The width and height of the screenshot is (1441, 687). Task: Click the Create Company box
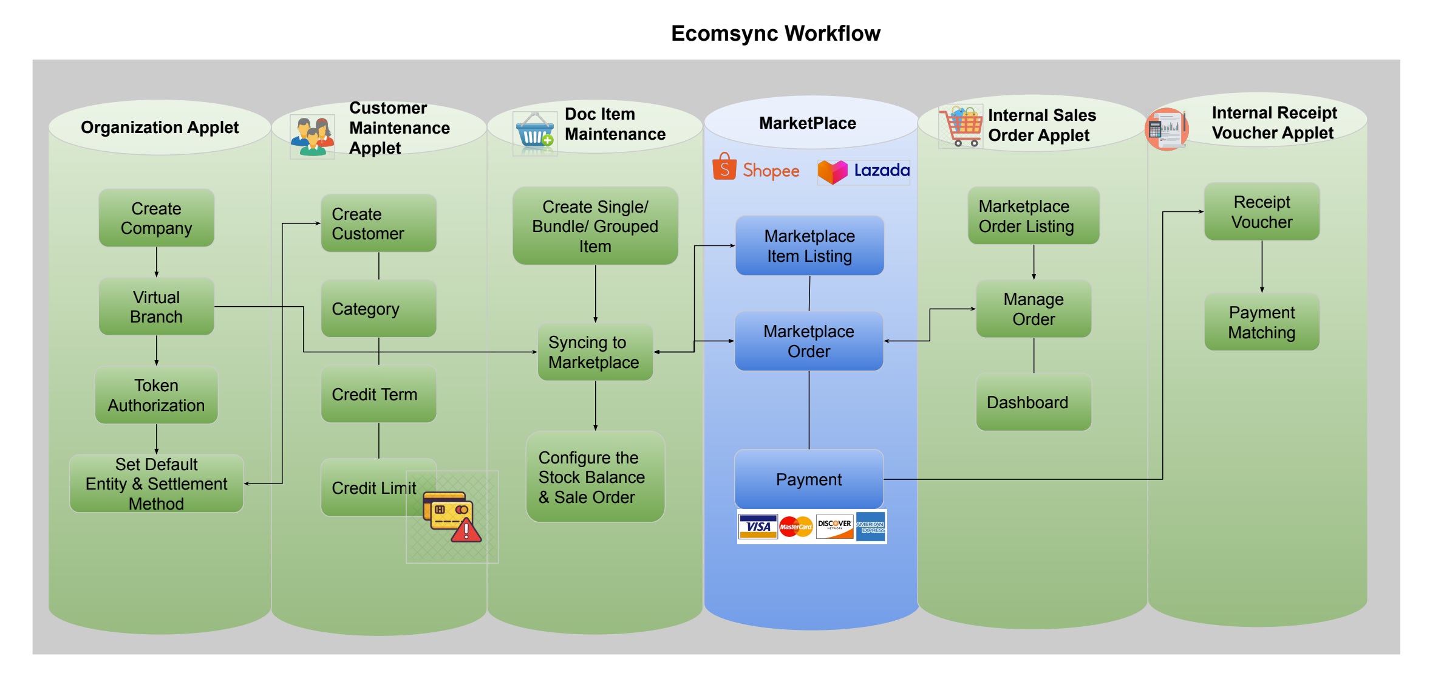(x=156, y=218)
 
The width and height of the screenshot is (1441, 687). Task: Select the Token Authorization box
(x=156, y=395)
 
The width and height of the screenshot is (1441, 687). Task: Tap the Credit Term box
(x=378, y=394)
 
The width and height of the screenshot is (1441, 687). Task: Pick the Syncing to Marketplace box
(x=594, y=352)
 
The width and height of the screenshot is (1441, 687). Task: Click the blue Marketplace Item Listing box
(x=809, y=246)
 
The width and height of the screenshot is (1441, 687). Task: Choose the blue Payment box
(x=809, y=479)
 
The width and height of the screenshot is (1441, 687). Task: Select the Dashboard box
(x=1033, y=402)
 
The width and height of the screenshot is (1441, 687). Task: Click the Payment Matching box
(x=1261, y=323)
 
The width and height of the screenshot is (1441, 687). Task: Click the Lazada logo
(x=864, y=171)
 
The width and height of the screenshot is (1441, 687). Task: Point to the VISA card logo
(x=758, y=527)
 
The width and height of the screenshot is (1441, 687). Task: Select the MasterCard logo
(x=795, y=527)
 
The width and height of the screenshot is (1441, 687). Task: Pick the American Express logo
(x=871, y=527)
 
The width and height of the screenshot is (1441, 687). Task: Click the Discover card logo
(x=834, y=527)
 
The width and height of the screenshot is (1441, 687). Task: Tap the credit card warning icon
(x=452, y=516)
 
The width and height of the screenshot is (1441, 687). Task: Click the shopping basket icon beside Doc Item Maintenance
(x=534, y=132)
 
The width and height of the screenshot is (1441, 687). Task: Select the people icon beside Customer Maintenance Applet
(x=312, y=136)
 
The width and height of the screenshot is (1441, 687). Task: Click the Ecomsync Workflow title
(x=775, y=33)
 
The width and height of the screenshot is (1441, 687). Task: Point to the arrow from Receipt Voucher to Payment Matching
(x=1262, y=267)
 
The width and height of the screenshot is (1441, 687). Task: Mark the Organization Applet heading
(x=160, y=128)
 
